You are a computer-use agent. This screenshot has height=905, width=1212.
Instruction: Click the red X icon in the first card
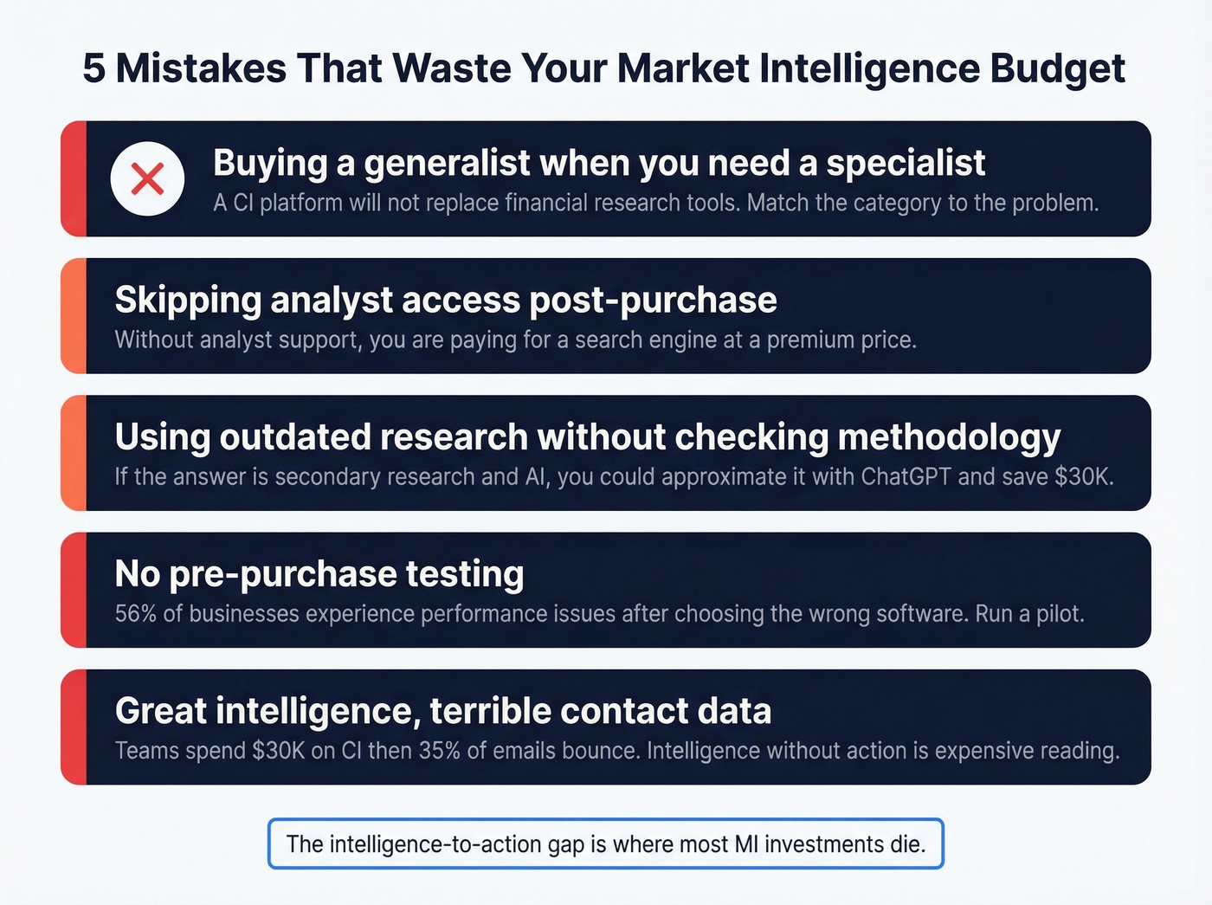tap(147, 179)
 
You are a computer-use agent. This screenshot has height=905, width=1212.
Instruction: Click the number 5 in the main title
tap(93, 69)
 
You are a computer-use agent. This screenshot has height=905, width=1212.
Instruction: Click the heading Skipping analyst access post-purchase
tap(446, 300)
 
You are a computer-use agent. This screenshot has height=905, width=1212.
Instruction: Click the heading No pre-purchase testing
tap(319, 573)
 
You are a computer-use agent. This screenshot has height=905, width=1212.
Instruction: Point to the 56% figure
tap(135, 614)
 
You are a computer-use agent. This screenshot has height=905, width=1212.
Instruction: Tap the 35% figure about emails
tap(439, 751)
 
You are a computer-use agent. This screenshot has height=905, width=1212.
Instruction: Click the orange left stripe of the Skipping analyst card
tap(74, 316)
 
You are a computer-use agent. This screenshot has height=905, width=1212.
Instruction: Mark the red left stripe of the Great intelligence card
tap(74, 727)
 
